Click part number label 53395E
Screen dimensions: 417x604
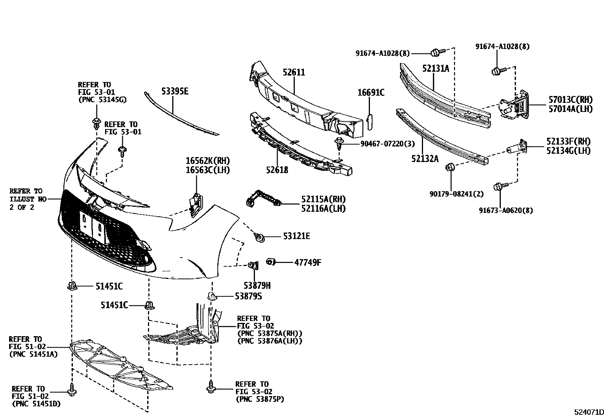(175, 91)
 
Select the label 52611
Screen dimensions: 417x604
(294, 72)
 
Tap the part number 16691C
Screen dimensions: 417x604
(371, 92)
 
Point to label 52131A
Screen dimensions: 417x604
(436, 68)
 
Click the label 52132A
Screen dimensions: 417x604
(425, 159)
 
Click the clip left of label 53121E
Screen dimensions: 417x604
(260, 238)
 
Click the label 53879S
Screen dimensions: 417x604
(248, 296)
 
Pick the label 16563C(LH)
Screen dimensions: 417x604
(208, 170)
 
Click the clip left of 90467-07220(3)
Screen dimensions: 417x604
(339, 143)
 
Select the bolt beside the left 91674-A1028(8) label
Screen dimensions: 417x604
(436, 52)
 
